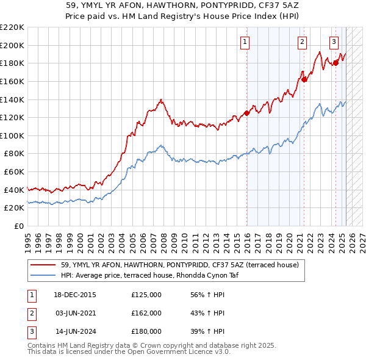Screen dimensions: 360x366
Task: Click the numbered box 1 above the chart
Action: click(x=245, y=42)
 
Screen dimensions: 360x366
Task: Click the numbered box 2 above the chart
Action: click(x=302, y=42)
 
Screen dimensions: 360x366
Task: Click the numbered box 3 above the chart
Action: click(x=334, y=42)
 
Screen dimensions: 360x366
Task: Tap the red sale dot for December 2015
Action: click(x=247, y=112)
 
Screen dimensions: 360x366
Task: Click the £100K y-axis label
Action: click(x=12, y=135)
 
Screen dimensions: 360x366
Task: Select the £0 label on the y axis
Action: click(x=19, y=226)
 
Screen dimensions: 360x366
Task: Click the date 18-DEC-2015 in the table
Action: click(x=76, y=295)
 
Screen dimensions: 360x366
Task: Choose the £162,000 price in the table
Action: click(x=146, y=313)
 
